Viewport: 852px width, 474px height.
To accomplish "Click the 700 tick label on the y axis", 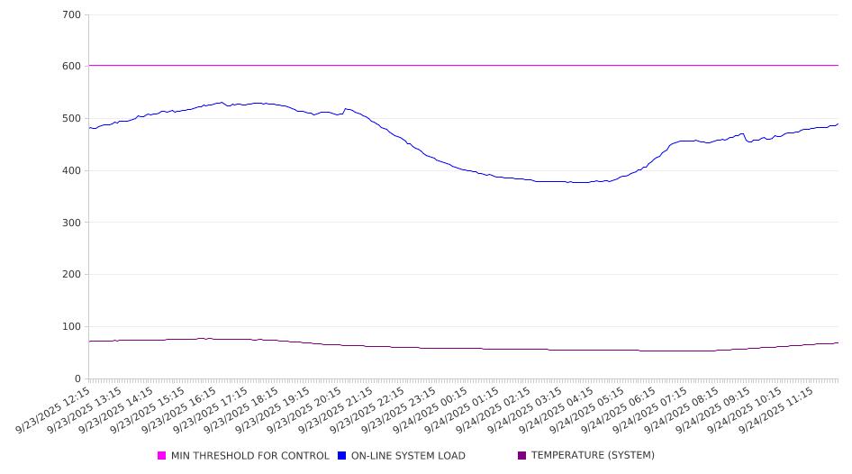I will pos(72,15).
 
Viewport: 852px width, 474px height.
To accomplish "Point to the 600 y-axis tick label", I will pos(72,67).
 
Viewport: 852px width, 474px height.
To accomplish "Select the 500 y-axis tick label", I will pos(72,119).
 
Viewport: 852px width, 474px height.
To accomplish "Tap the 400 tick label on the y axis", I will pos(72,171).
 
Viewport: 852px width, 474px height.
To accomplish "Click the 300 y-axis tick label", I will pos(72,223).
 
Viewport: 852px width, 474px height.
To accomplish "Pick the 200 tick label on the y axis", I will pos(72,275).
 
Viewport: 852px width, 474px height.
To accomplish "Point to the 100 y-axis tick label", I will pos(72,327).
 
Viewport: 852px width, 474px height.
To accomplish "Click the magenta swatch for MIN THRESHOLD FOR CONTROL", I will pos(162,456).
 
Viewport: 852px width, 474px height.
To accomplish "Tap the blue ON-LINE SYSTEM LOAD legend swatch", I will pos(342,456).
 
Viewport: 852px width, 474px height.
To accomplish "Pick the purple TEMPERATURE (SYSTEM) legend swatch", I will pos(522,456).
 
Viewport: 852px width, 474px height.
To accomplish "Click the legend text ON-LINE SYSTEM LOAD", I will pos(408,456).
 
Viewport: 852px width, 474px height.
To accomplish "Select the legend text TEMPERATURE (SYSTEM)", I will pos(593,456).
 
